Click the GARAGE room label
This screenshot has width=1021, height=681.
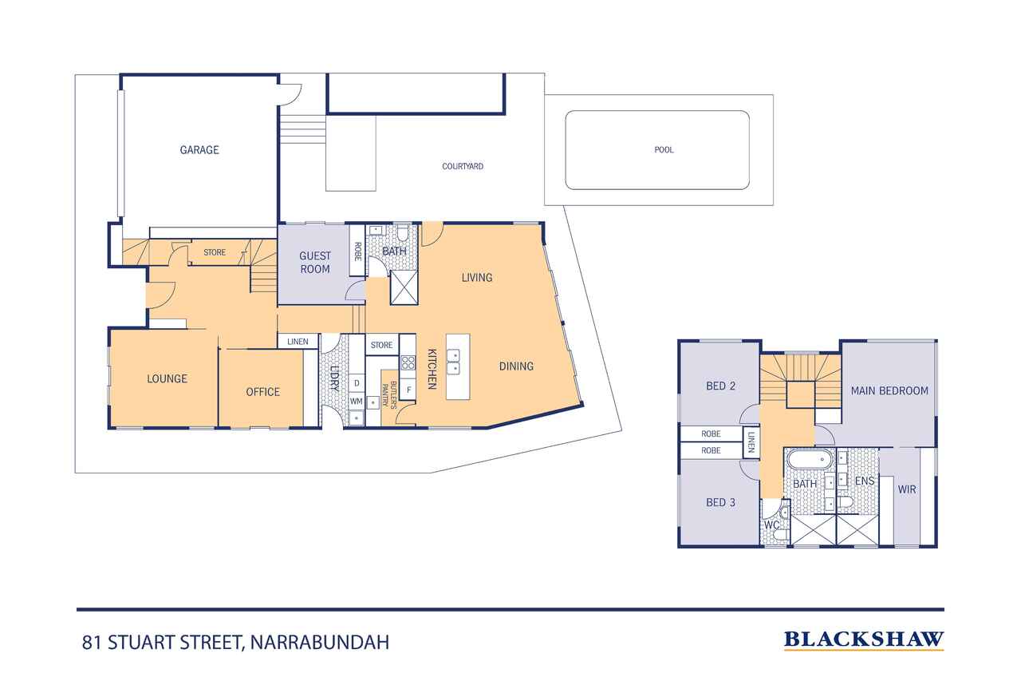point(199,149)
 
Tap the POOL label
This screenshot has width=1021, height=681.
point(664,149)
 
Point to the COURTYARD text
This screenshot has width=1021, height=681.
point(463,167)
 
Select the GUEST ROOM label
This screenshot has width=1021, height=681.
point(314,263)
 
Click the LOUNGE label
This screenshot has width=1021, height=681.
point(167,378)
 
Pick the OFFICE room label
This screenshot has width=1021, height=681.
point(262,391)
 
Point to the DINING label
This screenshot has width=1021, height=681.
point(516,366)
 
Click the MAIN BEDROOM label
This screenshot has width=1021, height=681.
point(889,390)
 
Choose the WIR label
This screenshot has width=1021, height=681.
point(907,489)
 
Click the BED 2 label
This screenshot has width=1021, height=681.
point(720,386)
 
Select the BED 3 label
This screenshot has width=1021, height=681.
point(720,502)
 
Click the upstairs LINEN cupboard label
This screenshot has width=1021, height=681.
point(751,442)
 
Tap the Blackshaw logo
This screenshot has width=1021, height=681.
point(863,639)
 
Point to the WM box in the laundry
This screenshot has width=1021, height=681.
point(357,401)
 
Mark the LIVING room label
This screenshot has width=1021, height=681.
point(477,278)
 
